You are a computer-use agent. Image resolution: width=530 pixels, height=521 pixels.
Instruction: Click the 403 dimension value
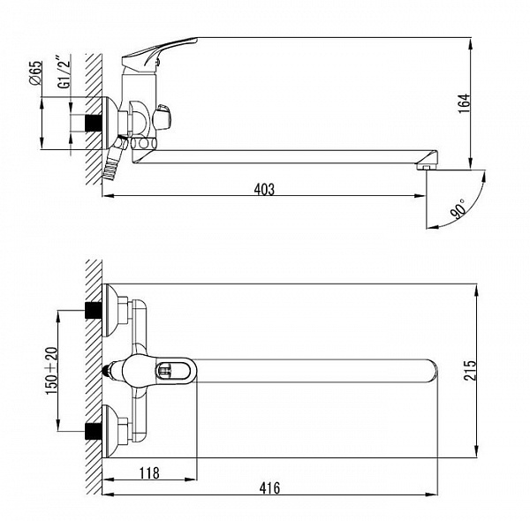tap(264, 189)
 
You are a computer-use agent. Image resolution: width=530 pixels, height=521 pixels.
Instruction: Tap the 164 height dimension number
tap(465, 103)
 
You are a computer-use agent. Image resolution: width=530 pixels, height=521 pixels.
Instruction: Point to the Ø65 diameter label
tap(35, 72)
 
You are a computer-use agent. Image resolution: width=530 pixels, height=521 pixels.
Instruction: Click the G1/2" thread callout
tap(64, 72)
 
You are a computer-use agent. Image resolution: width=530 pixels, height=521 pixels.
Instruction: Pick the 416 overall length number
tap(269, 488)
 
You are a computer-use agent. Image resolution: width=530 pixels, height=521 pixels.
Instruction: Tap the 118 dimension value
tap(149, 473)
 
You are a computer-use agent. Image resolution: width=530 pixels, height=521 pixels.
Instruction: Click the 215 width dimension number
tap(470, 371)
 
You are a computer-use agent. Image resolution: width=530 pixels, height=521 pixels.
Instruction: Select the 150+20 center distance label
tap(52, 371)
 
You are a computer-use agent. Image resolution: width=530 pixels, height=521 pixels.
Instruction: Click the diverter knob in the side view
tap(163, 117)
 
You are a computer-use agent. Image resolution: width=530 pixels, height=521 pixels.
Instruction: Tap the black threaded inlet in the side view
tap(94, 123)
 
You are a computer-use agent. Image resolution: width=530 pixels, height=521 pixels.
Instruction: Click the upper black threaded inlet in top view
tap(94, 311)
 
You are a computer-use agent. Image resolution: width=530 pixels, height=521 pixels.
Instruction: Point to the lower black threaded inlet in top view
tap(94, 431)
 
